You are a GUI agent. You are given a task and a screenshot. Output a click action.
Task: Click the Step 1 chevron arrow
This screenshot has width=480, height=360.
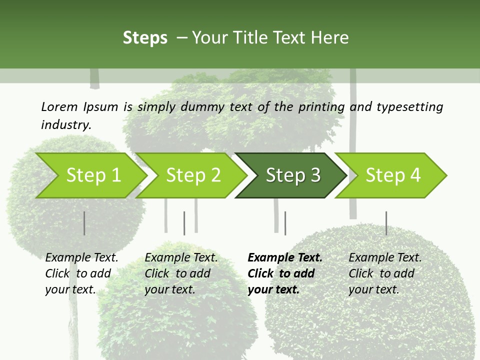pyautogui.click(x=92, y=175)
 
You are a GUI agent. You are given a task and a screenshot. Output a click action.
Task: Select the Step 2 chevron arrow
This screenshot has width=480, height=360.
pyautogui.click(x=192, y=175)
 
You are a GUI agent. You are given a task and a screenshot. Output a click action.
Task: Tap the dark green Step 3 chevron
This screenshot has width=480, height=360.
pyautogui.click(x=292, y=175)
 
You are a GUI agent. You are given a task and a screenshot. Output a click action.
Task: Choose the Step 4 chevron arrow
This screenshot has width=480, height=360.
pyautogui.click(x=392, y=175)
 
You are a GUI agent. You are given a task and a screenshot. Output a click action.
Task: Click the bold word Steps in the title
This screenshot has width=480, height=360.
pyautogui.click(x=145, y=37)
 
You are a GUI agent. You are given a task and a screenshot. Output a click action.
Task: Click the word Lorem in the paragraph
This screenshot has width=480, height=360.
pyautogui.click(x=59, y=106)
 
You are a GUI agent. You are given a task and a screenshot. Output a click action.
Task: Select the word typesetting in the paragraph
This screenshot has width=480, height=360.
pyautogui.click(x=409, y=106)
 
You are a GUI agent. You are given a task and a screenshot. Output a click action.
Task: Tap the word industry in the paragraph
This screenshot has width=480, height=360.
pyautogui.click(x=66, y=124)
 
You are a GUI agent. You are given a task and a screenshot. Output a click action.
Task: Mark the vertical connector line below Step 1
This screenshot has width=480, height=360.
pyautogui.click(x=84, y=223)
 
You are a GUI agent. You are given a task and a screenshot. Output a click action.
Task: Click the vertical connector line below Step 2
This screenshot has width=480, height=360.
pyautogui.click(x=184, y=223)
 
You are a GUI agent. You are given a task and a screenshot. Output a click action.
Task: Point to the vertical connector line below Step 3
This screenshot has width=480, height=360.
pyautogui.click(x=285, y=223)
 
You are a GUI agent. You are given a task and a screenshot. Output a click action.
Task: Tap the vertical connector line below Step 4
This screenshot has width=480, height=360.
pyautogui.click(x=386, y=223)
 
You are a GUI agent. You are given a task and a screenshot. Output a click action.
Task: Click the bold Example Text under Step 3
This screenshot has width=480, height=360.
pyautogui.click(x=285, y=257)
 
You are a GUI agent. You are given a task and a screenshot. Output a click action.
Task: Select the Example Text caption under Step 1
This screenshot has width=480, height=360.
pyautogui.click(x=81, y=257)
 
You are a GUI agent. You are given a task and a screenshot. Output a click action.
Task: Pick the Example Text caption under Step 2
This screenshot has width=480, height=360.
pyautogui.click(x=181, y=257)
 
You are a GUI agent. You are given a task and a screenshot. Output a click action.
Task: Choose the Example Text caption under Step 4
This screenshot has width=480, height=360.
pyautogui.click(x=385, y=257)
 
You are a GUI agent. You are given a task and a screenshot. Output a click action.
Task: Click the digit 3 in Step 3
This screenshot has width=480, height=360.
pyautogui.click(x=315, y=175)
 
